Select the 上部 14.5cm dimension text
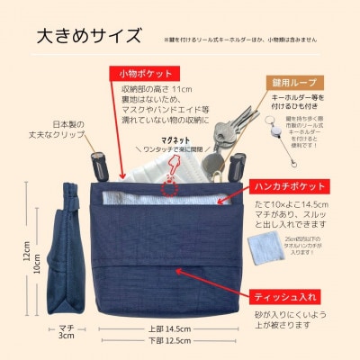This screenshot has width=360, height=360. click(x=167, y=328)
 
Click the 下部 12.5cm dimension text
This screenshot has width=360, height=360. click(x=167, y=342)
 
